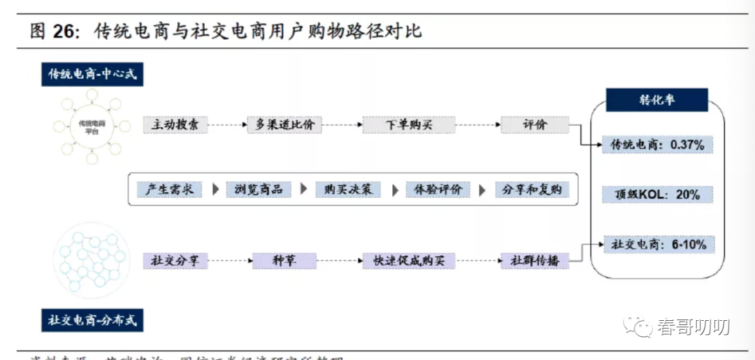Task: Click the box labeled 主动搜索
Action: (x=175, y=125)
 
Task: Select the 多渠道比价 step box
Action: (x=285, y=125)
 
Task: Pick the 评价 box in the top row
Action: (x=535, y=125)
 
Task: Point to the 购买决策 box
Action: (x=348, y=189)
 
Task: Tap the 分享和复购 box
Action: (x=532, y=189)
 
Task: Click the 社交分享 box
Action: (x=175, y=261)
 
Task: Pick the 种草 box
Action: (x=285, y=261)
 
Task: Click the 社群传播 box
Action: (x=535, y=261)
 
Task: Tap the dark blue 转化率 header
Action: (x=656, y=101)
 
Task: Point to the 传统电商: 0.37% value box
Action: (x=658, y=145)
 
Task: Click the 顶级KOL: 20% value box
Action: (x=658, y=194)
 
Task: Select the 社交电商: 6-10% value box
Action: (x=658, y=245)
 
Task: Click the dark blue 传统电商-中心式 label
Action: (x=92, y=73)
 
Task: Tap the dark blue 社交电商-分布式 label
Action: (x=92, y=321)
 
